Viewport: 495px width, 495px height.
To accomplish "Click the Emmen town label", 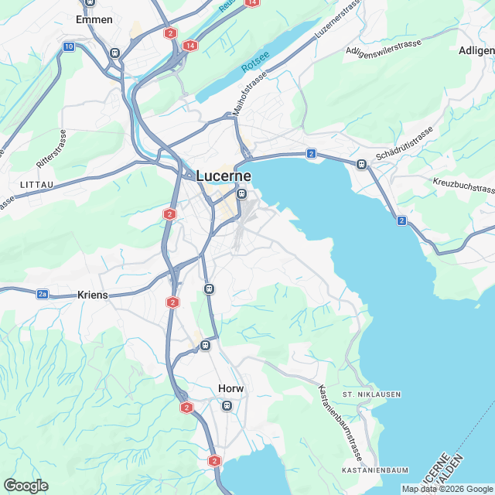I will (x=94, y=19).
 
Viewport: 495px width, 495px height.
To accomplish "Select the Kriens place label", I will (x=93, y=295).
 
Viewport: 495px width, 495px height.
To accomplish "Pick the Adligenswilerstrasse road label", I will (x=384, y=48).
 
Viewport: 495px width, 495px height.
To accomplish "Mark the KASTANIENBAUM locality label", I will (x=375, y=470).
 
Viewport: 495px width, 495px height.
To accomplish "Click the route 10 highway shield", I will (x=69, y=47).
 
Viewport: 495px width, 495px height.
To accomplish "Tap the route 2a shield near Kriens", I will (x=43, y=293).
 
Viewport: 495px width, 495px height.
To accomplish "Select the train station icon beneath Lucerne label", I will (x=242, y=194).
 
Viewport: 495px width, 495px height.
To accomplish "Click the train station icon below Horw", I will (x=227, y=405).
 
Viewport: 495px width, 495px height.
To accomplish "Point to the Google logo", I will (x=26, y=486).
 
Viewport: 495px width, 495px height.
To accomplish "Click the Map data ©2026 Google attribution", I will (x=447, y=488).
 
